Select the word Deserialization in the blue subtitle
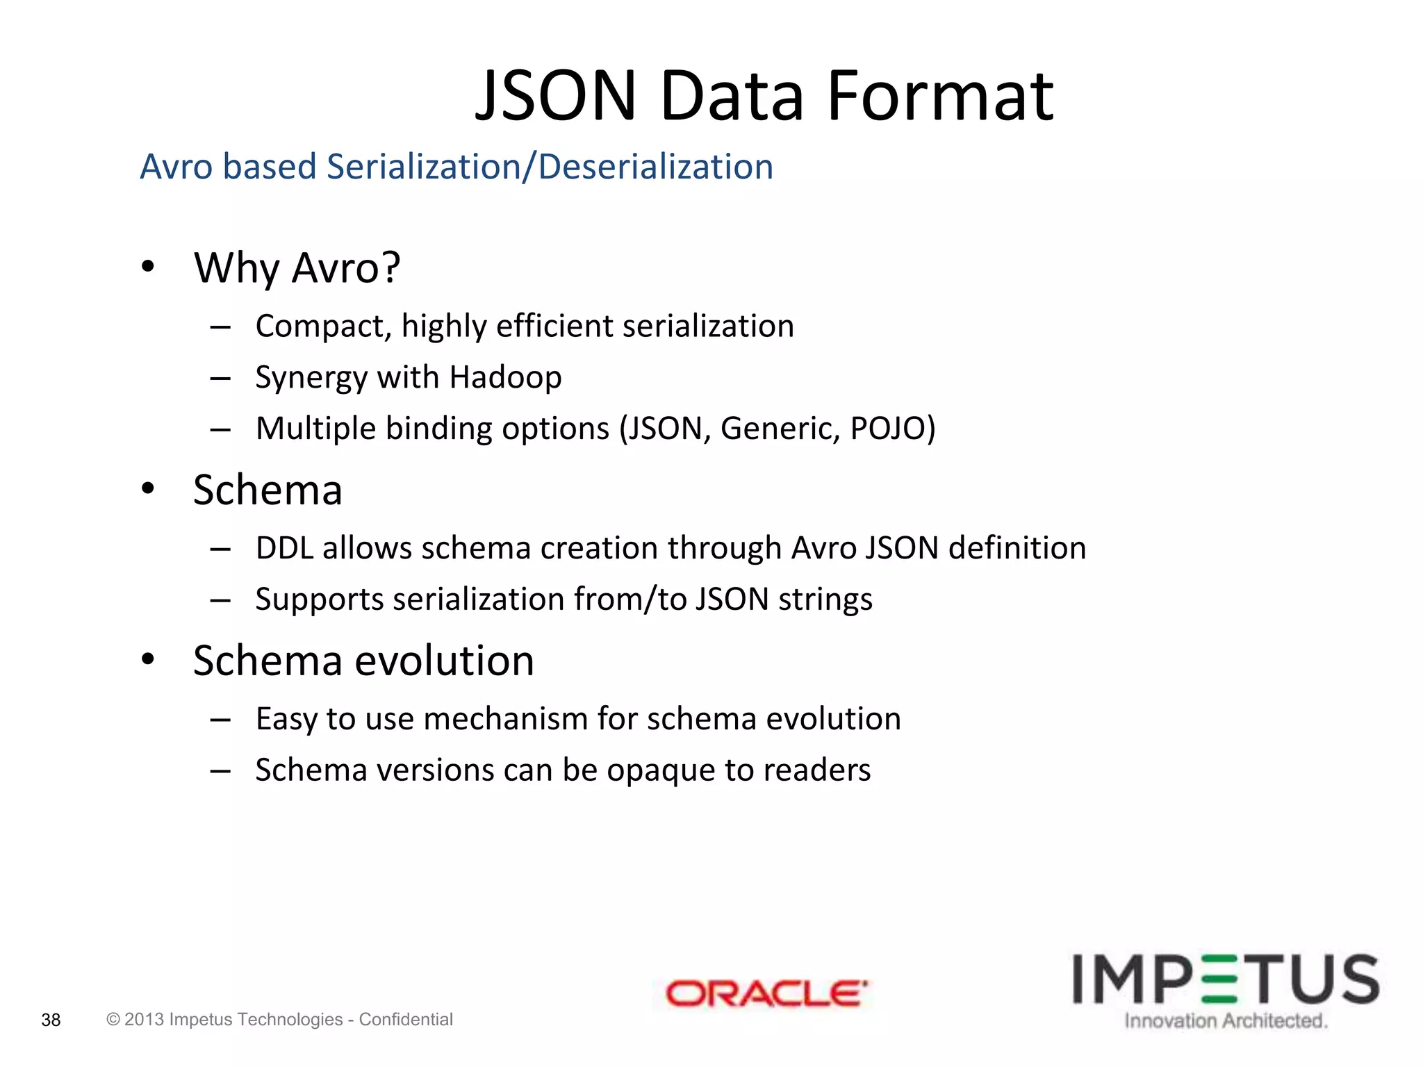click(x=655, y=167)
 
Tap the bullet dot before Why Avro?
click(x=147, y=267)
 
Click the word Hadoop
click(x=505, y=377)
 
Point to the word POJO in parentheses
click(x=892, y=428)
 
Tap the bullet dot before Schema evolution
click(x=147, y=659)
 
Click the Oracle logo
click(x=766, y=993)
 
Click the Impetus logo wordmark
click(x=1225, y=979)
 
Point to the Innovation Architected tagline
click(x=1226, y=1020)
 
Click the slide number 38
click(x=51, y=1020)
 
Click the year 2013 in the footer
click(x=144, y=1019)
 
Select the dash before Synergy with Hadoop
click(x=220, y=379)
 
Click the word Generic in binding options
click(x=780, y=428)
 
